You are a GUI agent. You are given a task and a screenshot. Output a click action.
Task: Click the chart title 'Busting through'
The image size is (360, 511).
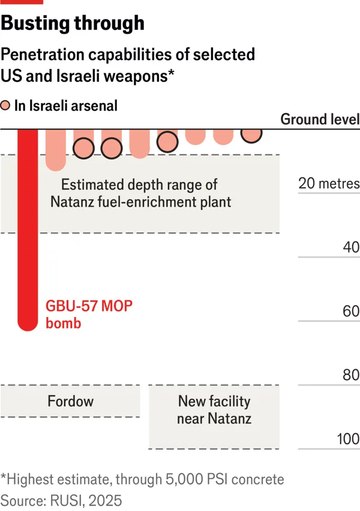[x=73, y=23]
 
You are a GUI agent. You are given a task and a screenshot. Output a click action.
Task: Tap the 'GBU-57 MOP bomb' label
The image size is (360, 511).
[x=89, y=313]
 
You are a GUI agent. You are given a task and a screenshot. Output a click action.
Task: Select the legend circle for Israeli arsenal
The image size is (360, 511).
[x=5, y=106]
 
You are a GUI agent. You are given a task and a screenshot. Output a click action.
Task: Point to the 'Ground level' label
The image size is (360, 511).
[x=320, y=119]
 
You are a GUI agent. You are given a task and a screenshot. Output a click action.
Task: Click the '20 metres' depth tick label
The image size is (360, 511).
[x=329, y=183]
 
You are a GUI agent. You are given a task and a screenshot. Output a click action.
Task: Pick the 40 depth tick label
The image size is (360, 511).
[x=351, y=247]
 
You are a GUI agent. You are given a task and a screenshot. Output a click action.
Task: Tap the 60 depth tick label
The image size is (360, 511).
[x=351, y=311]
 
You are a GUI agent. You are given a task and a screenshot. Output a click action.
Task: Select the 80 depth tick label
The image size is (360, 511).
[x=351, y=375]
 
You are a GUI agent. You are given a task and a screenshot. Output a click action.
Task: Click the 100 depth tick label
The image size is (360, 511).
[x=347, y=439]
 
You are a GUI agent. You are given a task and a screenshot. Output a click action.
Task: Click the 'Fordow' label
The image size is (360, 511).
[x=71, y=401]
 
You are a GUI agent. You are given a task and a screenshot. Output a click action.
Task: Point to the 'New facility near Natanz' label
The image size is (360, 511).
[x=214, y=410]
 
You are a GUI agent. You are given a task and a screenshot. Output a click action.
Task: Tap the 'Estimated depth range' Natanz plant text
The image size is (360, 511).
[x=139, y=193]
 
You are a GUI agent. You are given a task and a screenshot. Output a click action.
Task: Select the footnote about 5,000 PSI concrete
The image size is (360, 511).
[x=142, y=480]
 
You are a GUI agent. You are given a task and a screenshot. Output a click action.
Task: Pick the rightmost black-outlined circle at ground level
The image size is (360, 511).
[x=251, y=133]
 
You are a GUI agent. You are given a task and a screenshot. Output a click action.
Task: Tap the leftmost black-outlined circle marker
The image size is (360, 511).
[x=84, y=147]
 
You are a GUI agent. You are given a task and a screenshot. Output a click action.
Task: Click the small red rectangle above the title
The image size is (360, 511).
[x=13, y=2]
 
